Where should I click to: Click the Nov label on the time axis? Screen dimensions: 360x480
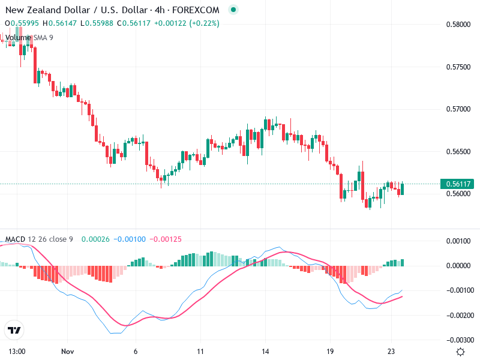click(67, 352)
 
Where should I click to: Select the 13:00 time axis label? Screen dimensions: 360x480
click(17, 352)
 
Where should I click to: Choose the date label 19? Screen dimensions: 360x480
click(330, 352)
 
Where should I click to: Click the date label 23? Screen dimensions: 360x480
click(392, 352)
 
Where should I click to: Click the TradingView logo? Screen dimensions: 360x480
click(14, 331)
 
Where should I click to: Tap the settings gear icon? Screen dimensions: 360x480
click(460, 352)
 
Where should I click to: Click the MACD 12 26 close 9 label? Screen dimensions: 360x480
click(39, 239)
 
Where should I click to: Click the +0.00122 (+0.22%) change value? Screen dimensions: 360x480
click(187, 23)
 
